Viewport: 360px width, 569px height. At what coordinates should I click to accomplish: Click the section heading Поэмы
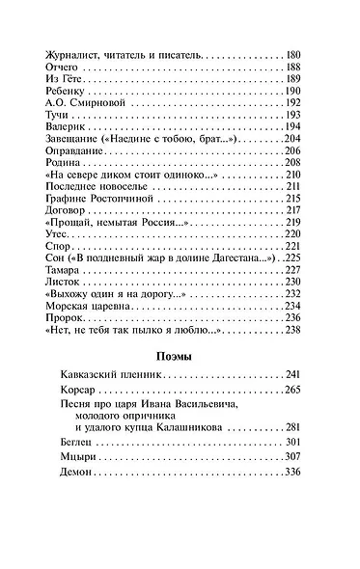(179, 357)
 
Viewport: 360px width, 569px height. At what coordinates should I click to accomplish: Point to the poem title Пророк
(64, 317)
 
